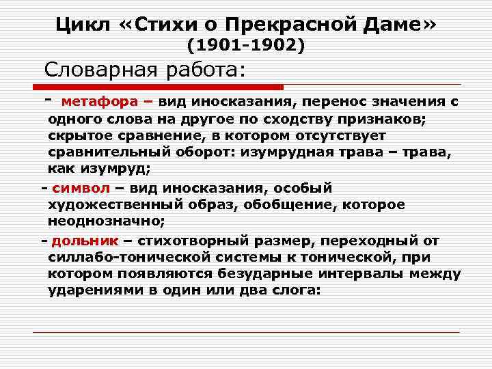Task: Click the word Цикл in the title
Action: coord(81,25)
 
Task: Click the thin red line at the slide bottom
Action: coord(246,333)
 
